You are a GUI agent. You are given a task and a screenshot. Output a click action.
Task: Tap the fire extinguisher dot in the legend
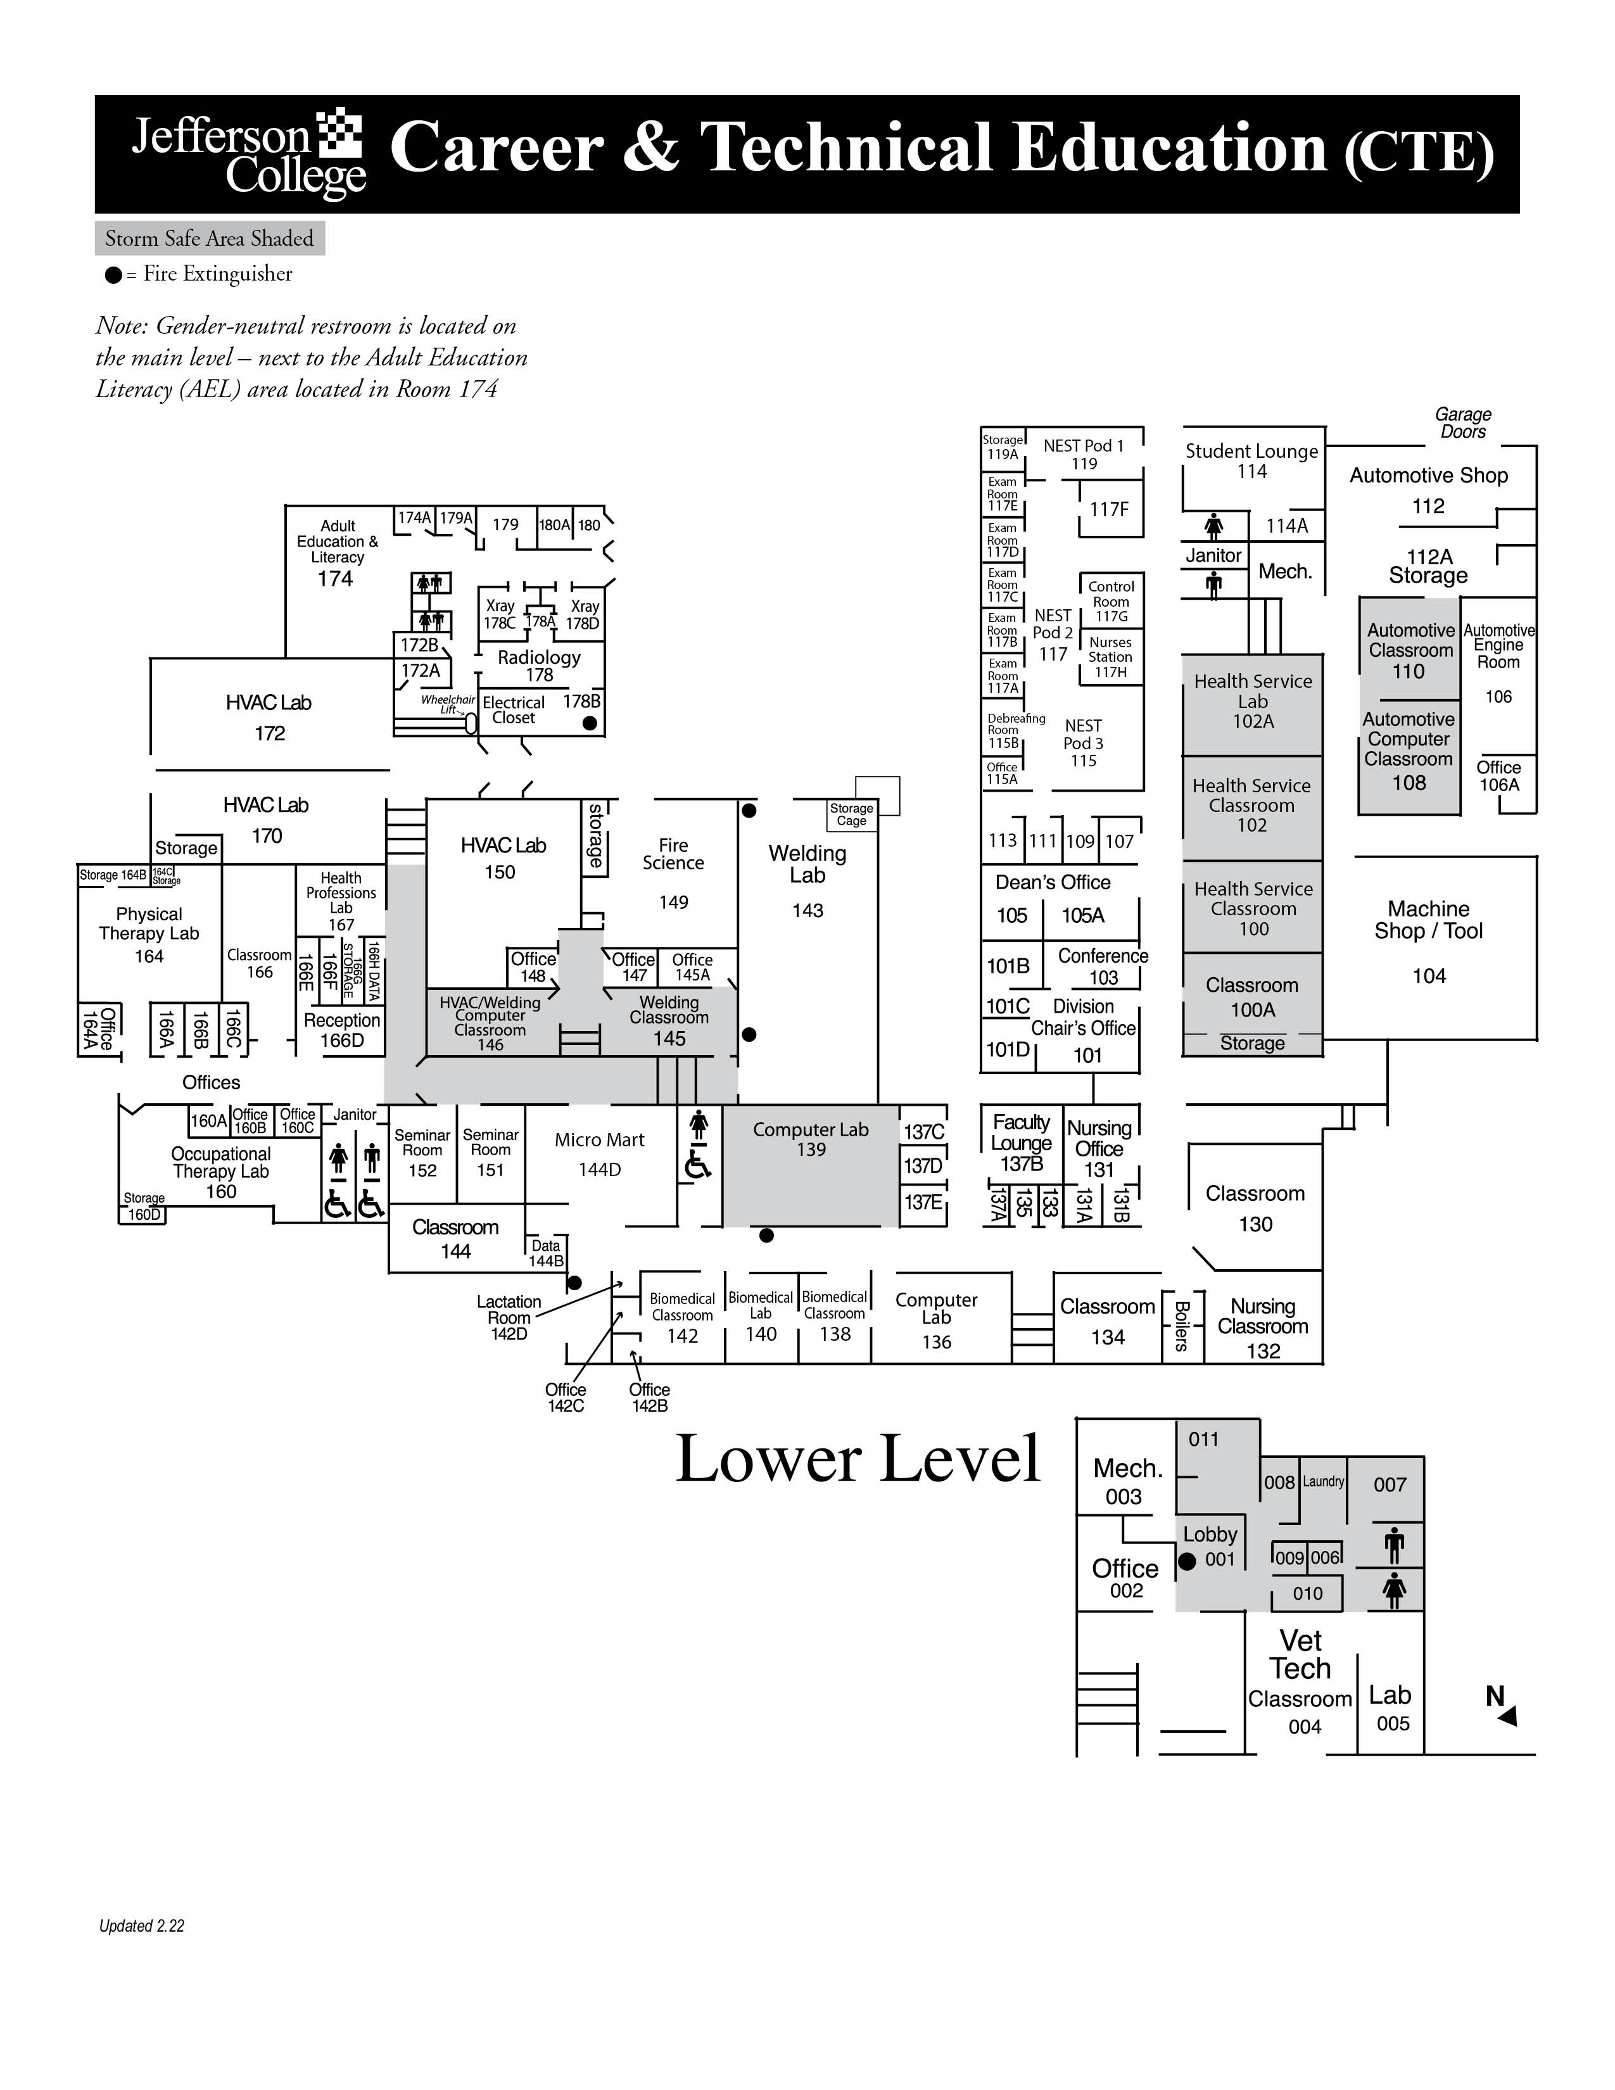click(113, 275)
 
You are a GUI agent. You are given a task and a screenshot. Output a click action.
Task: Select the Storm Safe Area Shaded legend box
click(210, 238)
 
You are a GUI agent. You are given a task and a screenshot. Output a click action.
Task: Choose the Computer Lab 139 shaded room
click(811, 1165)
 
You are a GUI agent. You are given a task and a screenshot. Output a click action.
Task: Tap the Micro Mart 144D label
click(600, 1153)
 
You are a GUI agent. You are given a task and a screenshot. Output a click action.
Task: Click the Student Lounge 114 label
click(1251, 460)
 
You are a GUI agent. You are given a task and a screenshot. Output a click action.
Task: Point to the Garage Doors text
click(1463, 423)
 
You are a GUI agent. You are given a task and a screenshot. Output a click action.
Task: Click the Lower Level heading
click(858, 1459)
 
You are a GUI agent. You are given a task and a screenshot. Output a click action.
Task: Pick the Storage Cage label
click(851, 814)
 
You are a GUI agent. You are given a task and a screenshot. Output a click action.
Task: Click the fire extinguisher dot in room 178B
click(590, 723)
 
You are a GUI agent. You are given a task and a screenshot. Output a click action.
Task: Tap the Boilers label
click(1182, 1326)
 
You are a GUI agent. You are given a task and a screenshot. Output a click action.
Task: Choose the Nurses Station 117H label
click(1110, 657)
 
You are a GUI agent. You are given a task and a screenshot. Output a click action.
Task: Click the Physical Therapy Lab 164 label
click(149, 935)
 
